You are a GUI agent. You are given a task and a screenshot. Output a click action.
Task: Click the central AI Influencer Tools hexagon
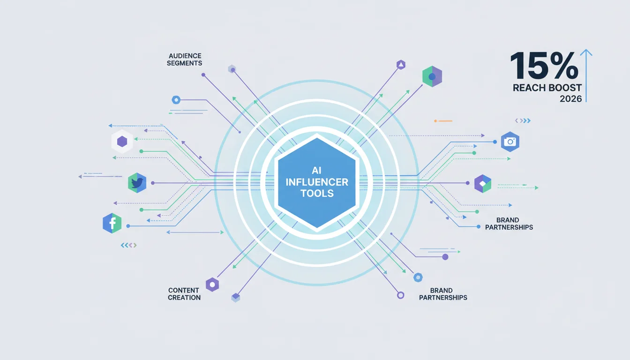pyautogui.click(x=317, y=183)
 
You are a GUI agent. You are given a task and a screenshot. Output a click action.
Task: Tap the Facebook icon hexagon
pyautogui.click(x=112, y=223)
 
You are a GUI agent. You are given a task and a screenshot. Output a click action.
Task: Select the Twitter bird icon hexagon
pyautogui.click(x=137, y=183)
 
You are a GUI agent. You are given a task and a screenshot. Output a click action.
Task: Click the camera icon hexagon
pyautogui.click(x=510, y=142)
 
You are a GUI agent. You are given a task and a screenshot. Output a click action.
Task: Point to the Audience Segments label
pyautogui.click(x=185, y=60)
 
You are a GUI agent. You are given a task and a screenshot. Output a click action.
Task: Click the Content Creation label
pyautogui.click(x=184, y=294)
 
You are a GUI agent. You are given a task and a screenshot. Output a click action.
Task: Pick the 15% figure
pyautogui.click(x=544, y=66)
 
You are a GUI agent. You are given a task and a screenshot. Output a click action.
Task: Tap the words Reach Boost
pyautogui.click(x=547, y=88)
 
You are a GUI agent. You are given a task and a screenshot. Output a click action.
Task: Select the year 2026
pyautogui.click(x=570, y=99)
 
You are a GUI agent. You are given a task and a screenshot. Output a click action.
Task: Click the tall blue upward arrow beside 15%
pyautogui.click(x=586, y=75)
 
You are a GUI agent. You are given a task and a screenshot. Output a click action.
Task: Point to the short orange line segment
pyautogui.click(x=443, y=121)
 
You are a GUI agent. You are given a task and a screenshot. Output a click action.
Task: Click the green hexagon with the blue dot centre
pyautogui.click(x=432, y=76)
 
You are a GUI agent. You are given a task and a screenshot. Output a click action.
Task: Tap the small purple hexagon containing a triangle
pyautogui.click(x=401, y=65)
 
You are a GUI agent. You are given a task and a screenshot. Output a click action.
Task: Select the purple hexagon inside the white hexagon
pyautogui.click(x=122, y=142)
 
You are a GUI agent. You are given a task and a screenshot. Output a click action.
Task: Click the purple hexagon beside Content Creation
pyautogui.click(x=212, y=285)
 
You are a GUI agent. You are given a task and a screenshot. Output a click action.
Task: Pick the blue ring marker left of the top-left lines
pyautogui.click(x=176, y=100)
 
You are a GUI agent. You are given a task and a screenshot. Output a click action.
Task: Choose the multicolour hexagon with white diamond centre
pyautogui.click(x=483, y=184)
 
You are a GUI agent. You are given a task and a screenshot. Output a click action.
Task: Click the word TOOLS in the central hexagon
pyautogui.click(x=317, y=194)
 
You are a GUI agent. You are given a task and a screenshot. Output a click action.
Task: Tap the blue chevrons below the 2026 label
pyautogui.click(x=523, y=120)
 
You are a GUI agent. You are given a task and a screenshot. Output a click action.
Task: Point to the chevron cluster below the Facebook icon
pyautogui.click(x=128, y=245)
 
